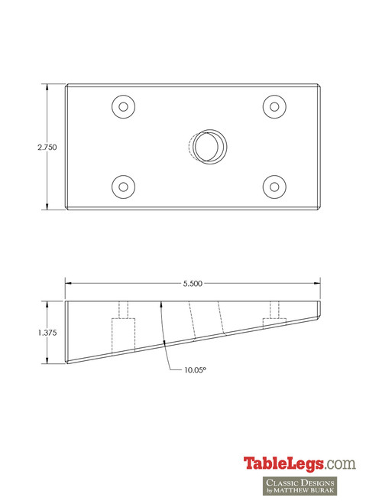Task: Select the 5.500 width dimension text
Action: pos(193,284)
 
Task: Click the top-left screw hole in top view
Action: pos(123,107)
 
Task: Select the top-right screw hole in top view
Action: pos(273,107)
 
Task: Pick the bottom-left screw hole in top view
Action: pos(123,186)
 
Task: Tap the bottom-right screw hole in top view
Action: pos(273,186)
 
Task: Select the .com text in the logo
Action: pos(340,463)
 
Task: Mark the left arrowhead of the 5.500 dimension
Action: pos(69,284)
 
